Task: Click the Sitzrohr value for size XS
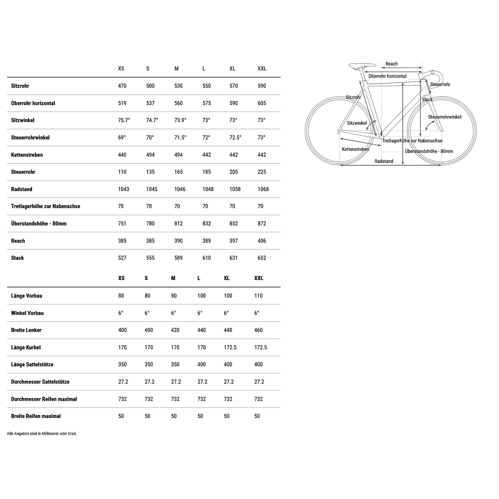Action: [x=122, y=86]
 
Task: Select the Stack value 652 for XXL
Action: [x=262, y=258]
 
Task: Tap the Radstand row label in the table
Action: [x=22, y=189]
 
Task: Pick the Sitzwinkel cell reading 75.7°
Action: [x=124, y=120]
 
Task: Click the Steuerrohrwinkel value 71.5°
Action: [x=180, y=138]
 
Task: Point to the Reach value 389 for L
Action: [x=206, y=241]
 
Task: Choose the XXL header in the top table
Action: [x=262, y=69]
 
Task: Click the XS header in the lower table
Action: [x=121, y=278]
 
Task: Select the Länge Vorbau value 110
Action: [x=258, y=296]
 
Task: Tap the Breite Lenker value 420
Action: [x=175, y=330]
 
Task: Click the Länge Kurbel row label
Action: [x=26, y=347]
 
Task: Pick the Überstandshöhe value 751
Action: [x=122, y=224]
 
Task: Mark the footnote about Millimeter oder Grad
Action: [x=42, y=434]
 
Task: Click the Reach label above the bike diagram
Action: [x=391, y=64]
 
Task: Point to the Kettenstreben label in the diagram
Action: [x=355, y=149]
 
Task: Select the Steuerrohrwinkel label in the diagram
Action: [x=444, y=117]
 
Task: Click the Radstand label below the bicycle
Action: [x=384, y=161]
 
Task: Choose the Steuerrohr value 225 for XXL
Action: [x=262, y=172]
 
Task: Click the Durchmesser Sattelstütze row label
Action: [x=40, y=382]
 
